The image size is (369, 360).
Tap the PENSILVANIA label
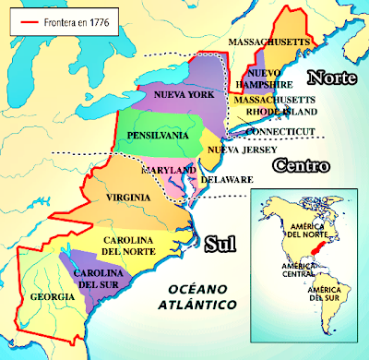pyautogui.click(x=158, y=135)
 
